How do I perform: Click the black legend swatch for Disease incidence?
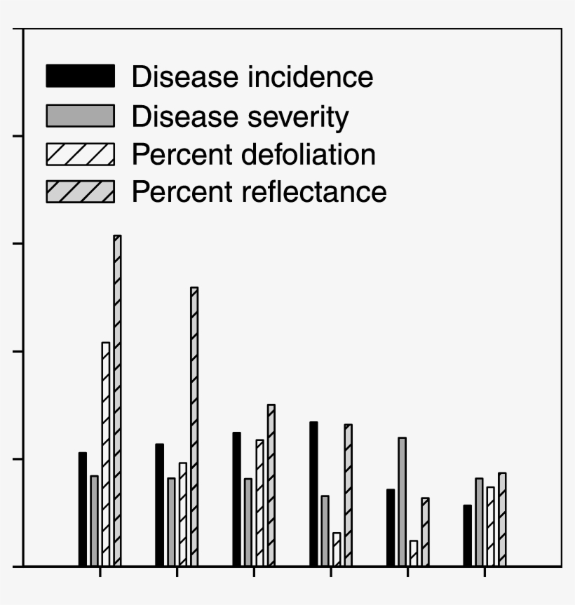pos(80,76)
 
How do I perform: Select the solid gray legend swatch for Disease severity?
pos(80,116)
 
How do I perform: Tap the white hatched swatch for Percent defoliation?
pos(80,154)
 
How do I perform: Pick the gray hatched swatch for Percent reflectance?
pos(80,191)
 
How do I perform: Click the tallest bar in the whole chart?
pos(117,400)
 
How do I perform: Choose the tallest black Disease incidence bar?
pos(313,494)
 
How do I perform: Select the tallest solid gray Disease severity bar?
pos(402,501)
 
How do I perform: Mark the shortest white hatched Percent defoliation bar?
pos(414,553)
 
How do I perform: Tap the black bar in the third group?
pos(236,499)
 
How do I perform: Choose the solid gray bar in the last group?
pos(479,522)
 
